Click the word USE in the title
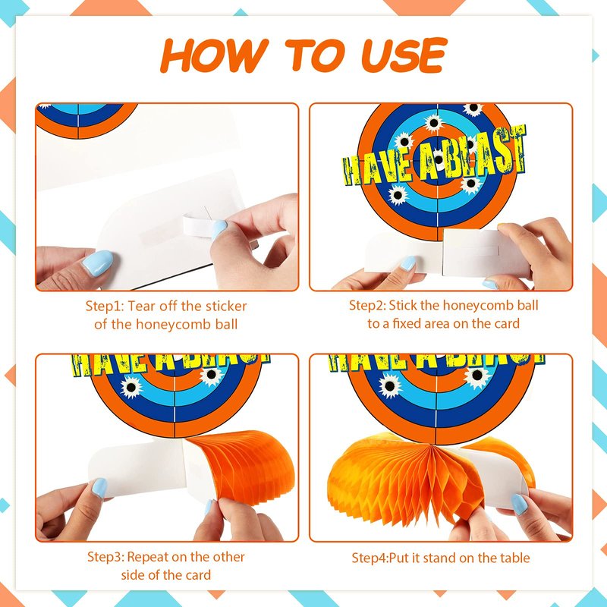pyautogui.click(x=404, y=55)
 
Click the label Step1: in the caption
pyautogui.click(x=105, y=307)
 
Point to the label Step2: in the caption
pyautogui.click(x=367, y=306)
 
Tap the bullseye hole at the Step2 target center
pyautogui.click(x=439, y=159)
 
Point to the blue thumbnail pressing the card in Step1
pyautogui.click(x=97, y=263)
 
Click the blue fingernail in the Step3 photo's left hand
pyautogui.click(x=99, y=488)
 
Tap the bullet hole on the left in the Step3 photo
pyautogui.click(x=131, y=387)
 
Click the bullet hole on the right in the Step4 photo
pyautogui.click(x=477, y=376)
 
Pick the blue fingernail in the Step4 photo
pyautogui.click(x=519, y=504)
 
